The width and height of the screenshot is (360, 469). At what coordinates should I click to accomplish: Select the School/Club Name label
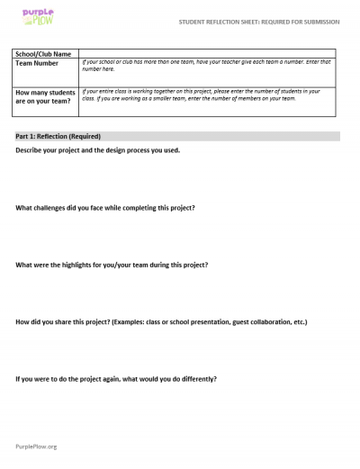click(x=44, y=54)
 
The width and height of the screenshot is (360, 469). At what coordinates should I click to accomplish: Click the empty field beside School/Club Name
click(x=207, y=54)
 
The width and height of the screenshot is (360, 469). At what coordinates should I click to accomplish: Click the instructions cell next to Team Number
click(x=207, y=66)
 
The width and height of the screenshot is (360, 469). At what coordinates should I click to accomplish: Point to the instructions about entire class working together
click(x=207, y=95)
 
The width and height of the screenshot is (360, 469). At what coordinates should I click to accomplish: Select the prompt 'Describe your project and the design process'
click(x=97, y=149)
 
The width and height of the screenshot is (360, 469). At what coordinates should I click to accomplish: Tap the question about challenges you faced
click(x=105, y=208)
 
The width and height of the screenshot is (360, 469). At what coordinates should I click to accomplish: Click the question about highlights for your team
click(x=112, y=265)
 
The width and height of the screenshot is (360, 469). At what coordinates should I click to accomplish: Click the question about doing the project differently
click(x=116, y=378)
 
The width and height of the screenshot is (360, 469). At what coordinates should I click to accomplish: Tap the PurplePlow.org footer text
click(x=36, y=446)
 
